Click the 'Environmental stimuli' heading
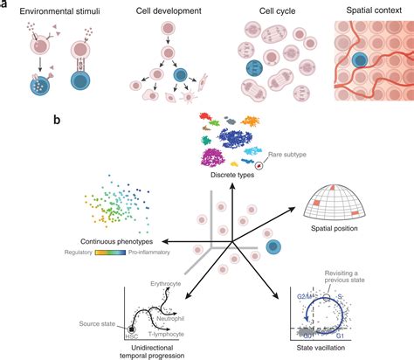tap(55, 11)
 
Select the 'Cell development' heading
tap(162, 11)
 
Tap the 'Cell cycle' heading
tap(265, 11)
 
